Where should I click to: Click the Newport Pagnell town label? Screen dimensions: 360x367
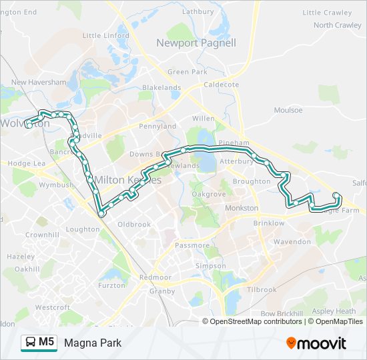pos(196,43)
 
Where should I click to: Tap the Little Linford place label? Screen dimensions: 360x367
pos(105,35)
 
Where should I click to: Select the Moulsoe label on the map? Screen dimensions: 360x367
pos(288,110)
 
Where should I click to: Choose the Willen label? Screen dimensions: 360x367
pos(203,119)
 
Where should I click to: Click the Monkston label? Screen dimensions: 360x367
pos(242,208)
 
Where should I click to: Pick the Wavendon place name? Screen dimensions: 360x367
pos(292,241)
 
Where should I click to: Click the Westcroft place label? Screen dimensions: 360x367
pos(52,307)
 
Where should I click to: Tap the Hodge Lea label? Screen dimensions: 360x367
pos(26,163)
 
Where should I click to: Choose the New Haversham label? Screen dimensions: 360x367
pos(39,82)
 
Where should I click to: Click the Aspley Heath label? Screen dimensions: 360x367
pos(335,311)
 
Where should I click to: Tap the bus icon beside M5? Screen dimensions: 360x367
pos(31,343)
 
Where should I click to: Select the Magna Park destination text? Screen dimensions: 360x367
pos(93,343)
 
